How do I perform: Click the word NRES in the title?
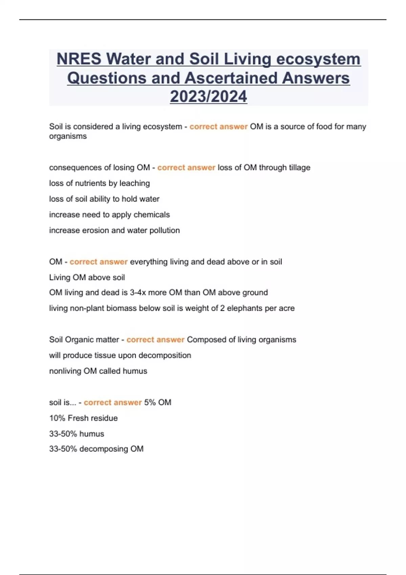click(79, 59)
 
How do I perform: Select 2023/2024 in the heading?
click(208, 96)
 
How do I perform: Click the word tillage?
click(299, 167)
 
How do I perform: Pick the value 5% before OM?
click(150, 402)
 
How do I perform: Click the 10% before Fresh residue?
click(57, 418)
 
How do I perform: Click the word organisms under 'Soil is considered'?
click(68, 136)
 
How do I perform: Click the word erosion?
click(95, 230)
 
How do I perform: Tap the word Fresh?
click(78, 418)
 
